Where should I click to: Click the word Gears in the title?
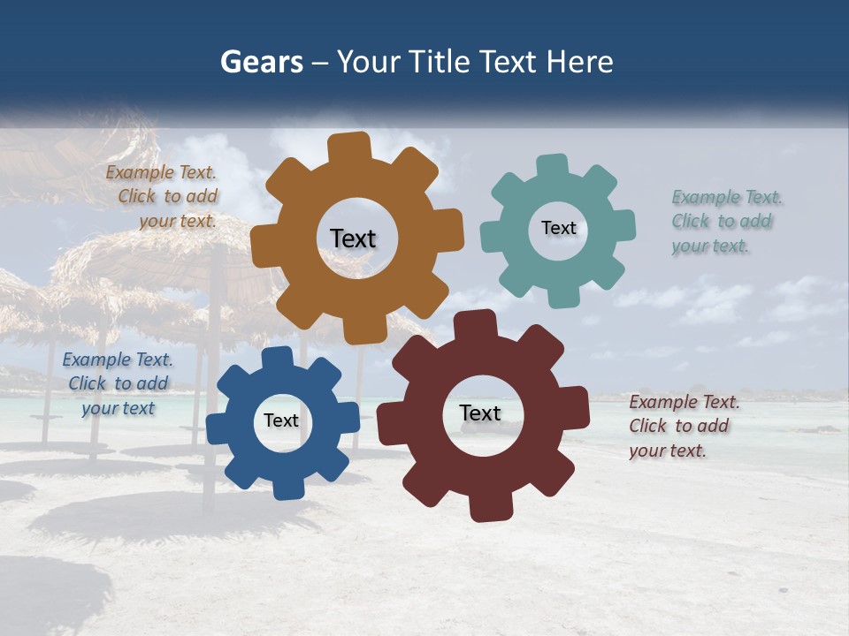pos(261,62)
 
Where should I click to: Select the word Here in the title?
pos(580,62)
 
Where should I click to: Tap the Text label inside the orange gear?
pos(353,238)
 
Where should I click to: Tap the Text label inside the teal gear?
pos(558,228)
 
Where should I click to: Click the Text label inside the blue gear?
pos(281,420)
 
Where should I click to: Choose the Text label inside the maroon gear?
pos(480,413)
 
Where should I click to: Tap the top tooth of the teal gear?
pos(552,167)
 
